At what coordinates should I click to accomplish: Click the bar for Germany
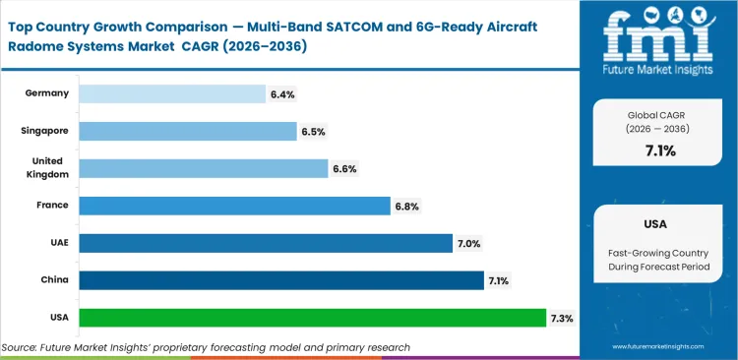(x=171, y=93)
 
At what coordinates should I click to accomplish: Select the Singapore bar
(x=187, y=131)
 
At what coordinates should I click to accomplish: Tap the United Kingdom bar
(x=203, y=168)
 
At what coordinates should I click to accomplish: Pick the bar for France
(x=234, y=206)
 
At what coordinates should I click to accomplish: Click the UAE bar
(x=265, y=243)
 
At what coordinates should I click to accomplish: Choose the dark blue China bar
(x=280, y=280)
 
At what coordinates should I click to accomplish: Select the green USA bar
(x=312, y=318)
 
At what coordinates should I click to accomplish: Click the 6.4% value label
(x=281, y=94)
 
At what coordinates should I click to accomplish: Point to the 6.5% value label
(x=313, y=132)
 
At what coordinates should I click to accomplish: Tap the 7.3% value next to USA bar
(x=562, y=319)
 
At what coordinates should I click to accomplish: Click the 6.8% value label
(x=406, y=207)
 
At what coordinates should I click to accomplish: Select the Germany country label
(x=46, y=93)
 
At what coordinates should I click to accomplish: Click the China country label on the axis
(x=53, y=280)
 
